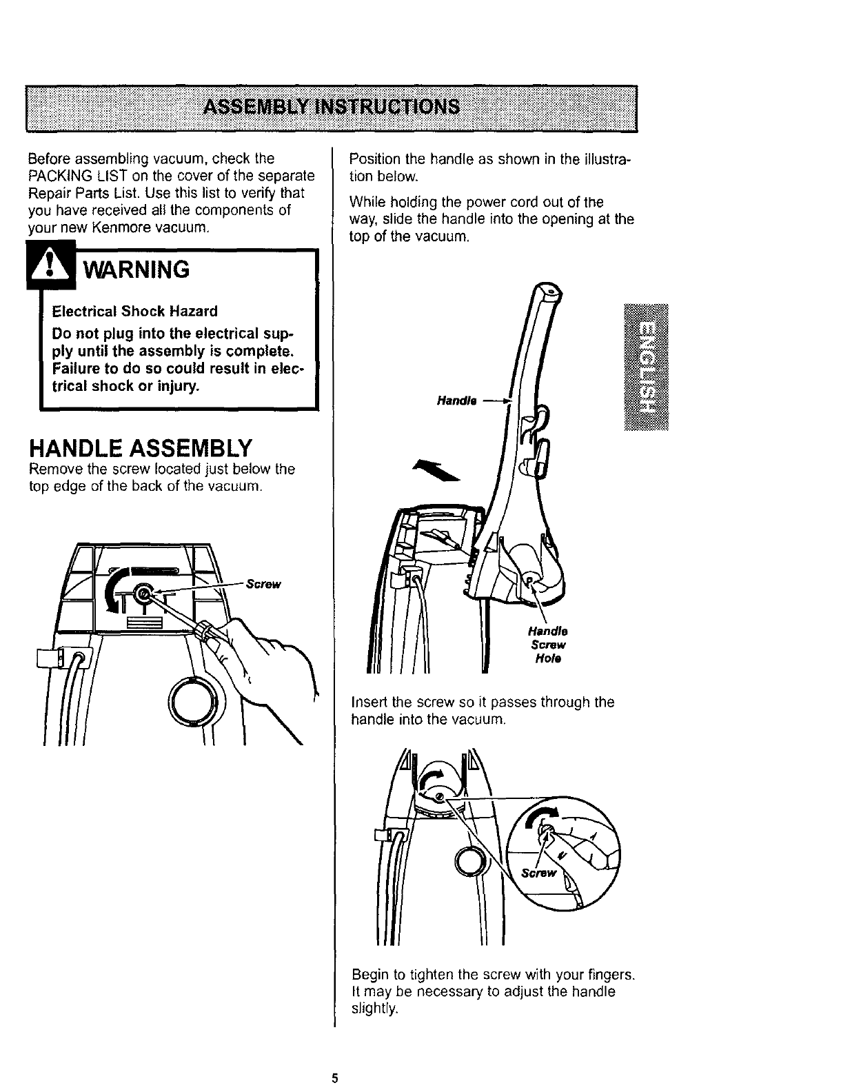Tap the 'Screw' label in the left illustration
(x=264, y=585)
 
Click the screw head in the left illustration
(x=143, y=592)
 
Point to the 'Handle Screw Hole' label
(x=547, y=645)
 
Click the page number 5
(x=334, y=1078)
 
